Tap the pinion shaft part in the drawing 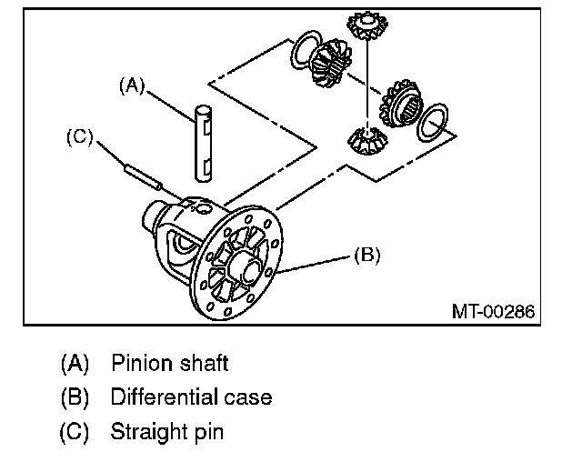point(202,142)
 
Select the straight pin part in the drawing point(143,174)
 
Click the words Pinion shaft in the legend point(169,364)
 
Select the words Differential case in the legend point(191,397)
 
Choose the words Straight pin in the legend point(166,430)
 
